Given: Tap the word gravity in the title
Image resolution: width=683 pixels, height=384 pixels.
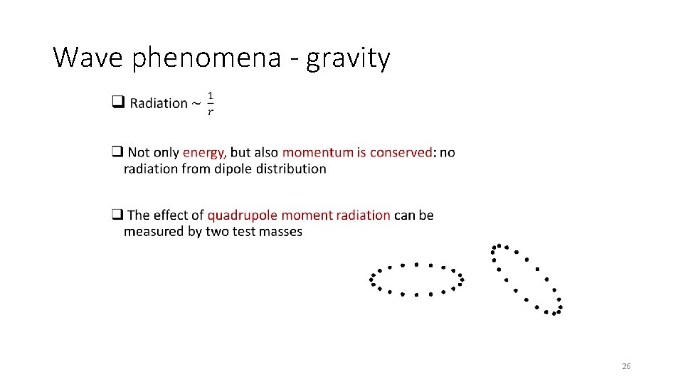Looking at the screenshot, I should pyautogui.click(x=348, y=58).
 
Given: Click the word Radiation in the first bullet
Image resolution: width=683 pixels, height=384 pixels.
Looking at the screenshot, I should pyautogui.click(x=158, y=104).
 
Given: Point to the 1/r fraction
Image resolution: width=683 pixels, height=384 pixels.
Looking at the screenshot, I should pyautogui.click(x=210, y=103).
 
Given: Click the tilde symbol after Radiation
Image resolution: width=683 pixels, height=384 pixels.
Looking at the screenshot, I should pyautogui.click(x=196, y=104).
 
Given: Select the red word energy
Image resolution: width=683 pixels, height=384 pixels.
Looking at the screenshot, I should pyautogui.click(x=204, y=153).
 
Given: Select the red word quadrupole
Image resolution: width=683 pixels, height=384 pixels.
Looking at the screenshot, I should pyautogui.click(x=241, y=215).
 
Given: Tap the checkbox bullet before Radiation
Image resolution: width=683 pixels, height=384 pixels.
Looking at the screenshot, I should pyautogui.click(x=117, y=103).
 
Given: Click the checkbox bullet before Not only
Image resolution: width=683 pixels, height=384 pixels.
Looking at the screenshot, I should pyautogui.click(x=117, y=152).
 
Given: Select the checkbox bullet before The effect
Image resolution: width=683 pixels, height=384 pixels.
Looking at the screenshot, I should pyautogui.click(x=117, y=215).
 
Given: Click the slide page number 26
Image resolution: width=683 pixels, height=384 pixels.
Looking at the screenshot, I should pyautogui.click(x=626, y=366).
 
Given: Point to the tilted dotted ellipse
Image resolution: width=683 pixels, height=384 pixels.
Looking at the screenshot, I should pyautogui.click(x=526, y=279).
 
